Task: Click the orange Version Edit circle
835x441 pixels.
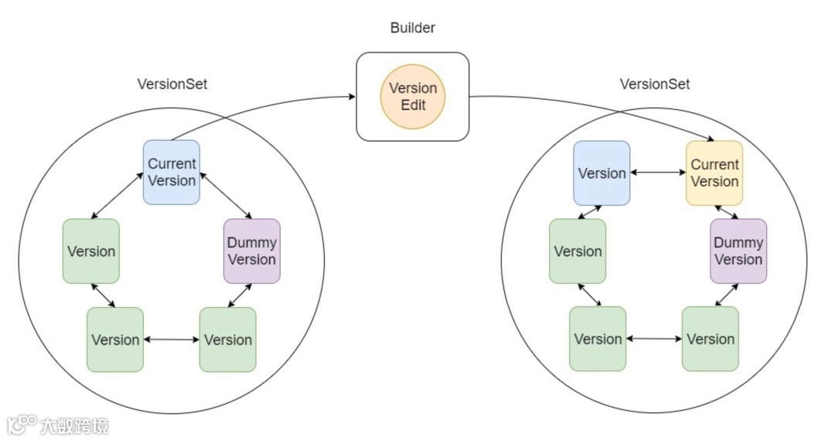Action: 413,97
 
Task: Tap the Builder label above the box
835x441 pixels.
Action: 413,28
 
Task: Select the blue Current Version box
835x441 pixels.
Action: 172,172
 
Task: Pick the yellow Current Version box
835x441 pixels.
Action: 714,173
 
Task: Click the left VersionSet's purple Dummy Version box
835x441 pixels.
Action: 252,251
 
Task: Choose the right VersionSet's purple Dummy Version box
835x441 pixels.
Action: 738,251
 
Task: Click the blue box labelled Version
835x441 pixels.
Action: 602,173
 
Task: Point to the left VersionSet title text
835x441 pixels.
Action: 172,84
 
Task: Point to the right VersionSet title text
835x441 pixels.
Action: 655,84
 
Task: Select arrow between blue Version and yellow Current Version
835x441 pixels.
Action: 658,173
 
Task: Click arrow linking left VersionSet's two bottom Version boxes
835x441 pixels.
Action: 172,340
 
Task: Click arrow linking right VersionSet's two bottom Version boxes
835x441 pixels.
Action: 654,338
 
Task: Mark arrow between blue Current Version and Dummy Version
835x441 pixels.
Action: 226,195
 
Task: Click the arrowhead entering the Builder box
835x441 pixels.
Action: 352,97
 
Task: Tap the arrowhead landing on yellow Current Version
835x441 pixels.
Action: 711,138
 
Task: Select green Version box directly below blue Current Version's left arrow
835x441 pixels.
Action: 91,251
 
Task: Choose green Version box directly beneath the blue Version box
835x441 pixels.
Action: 578,251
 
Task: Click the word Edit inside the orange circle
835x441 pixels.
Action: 413,105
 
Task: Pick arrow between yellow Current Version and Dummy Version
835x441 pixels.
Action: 726,212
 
